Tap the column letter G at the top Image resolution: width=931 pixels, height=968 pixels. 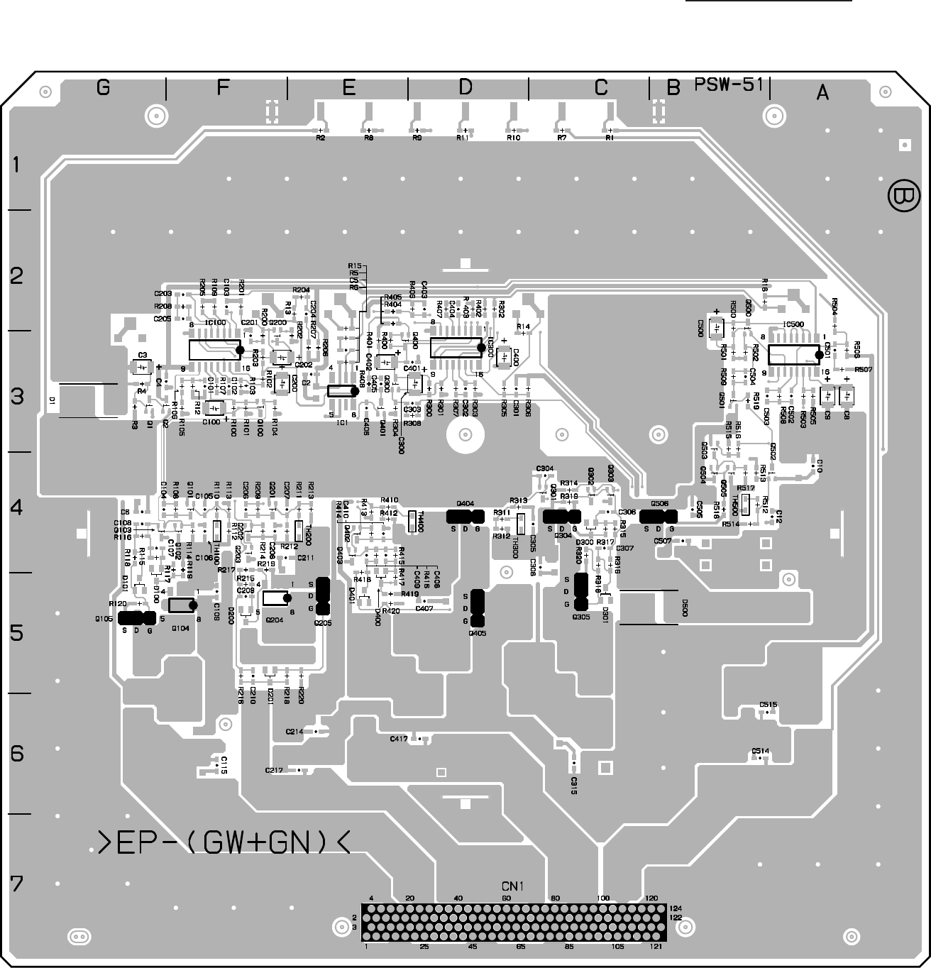(103, 87)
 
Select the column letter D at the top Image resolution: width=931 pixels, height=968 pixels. (465, 87)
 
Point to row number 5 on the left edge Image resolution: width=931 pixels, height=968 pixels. (17, 632)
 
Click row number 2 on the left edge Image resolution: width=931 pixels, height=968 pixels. (17, 276)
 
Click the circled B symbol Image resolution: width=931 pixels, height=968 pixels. (903, 197)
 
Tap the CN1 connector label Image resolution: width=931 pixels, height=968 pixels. (512, 886)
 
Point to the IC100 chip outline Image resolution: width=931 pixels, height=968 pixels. (214, 350)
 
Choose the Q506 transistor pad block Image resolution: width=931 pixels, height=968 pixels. (659, 517)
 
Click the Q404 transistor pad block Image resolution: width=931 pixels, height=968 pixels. (465, 517)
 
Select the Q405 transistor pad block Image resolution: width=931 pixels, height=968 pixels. (478, 603)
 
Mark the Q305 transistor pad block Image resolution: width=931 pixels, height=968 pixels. (580, 591)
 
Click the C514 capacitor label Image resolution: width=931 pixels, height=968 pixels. (760, 751)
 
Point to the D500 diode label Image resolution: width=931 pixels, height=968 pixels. (685, 608)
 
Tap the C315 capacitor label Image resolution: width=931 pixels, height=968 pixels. (573, 785)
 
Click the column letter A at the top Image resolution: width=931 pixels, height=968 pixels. (822, 93)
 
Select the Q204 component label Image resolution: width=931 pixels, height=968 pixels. (274, 620)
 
